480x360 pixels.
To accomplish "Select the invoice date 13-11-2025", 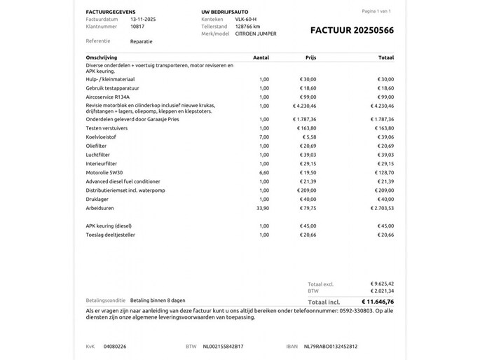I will pyautogui.click(x=144, y=20).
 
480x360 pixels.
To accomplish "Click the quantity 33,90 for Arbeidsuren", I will pyautogui.click(x=263, y=207).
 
